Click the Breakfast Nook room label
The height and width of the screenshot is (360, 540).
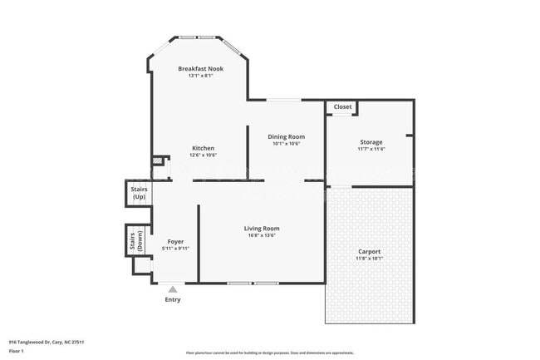pyautogui.click(x=201, y=68)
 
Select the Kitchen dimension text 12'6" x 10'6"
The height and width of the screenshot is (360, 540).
pyautogui.click(x=203, y=155)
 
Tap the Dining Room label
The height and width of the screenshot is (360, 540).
pyautogui.click(x=285, y=136)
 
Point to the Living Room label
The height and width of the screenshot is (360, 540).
pyautogui.click(x=261, y=228)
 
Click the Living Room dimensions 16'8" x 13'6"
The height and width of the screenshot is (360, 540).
pyautogui.click(x=261, y=235)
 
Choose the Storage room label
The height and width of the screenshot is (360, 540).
pyautogui.click(x=371, y=142)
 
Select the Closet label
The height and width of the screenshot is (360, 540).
pyautogui.click(x=342, y=107)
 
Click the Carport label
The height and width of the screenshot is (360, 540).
pyautogui.click(x=369, y=251)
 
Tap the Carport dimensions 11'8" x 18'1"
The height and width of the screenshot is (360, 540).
pyautogui.click(x=369, y=259)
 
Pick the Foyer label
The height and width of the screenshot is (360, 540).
pyautogui.click(x=175, y=241)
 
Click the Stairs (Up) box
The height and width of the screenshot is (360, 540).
pyautogui.click(x=138, y=194)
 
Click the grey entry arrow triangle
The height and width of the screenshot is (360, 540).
pyautogui.click(x=173, y=289)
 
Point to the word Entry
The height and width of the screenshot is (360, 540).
pyautogui.click(x=173, y=299)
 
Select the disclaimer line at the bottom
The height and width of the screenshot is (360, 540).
pyautogui.click(x=269, y=353)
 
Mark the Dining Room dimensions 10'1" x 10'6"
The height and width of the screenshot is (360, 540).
pyautogui.click(x=285, y=144)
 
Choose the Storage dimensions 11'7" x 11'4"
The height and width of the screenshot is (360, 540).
pyautogui.click(x=371, y=150)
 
